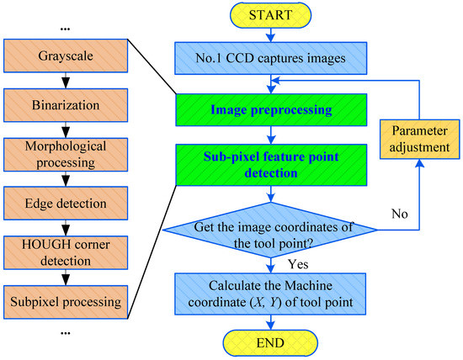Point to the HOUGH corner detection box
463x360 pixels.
click(x=65, y=250)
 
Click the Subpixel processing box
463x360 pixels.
click(x=65, y=300)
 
